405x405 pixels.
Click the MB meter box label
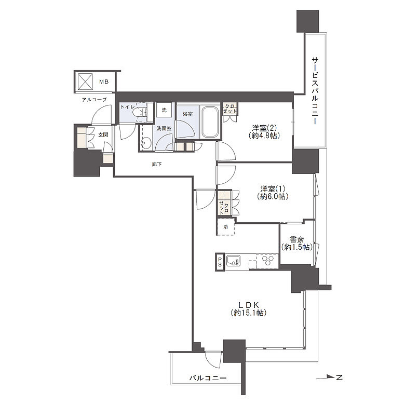pyautogui.click(x=104, y=82)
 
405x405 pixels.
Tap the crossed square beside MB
pyautogui.click(x=85, y=82)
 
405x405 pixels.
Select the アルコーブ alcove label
pyautogui.click(x=95, y=100)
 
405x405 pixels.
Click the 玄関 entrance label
pyautogui.click(x=103, y=135)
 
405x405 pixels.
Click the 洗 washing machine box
pyautogui.click(x=164, y=110)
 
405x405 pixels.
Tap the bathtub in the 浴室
pyautogui.click(x=210, y=122)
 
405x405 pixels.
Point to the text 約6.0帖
pyautogui.click(x=273, y=197)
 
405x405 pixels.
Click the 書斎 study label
pyautogui.click(x=297, y=239)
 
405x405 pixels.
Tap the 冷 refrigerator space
pyautogui.click(x=226, y=227)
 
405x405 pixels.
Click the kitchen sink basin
pyautogui.click(x=233, y=261)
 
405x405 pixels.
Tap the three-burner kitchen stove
pyautogui.click(x=267, y=260)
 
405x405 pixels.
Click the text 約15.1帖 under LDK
pyautogui.click(x=249, y=313)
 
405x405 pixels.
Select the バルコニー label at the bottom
pyautogui.click(x=208, y=379)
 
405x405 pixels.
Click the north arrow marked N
pyautogui.click(x=329, y=377)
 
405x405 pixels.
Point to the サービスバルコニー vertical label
pyautogui.click(x=315, y=91)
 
